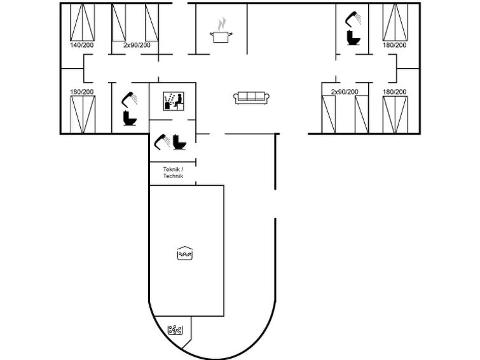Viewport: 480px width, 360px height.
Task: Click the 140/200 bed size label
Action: (x=81, y=45)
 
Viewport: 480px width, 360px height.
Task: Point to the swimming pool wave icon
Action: (x=183, y=253)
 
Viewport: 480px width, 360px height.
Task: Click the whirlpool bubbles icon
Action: (x=175, y=330)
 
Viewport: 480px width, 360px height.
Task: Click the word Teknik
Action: (x=172, y=169)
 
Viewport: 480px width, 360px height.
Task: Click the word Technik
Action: (x=173, y=176)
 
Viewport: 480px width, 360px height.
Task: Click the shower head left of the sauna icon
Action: (x=129, y=98)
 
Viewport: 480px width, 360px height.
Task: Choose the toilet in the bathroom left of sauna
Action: (x=130, y=118)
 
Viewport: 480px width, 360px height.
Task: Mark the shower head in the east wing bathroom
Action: (x=353, y=18)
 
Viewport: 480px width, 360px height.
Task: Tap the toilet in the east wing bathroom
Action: (x=353, y=38)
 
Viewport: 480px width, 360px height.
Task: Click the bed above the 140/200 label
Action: (x=81, y=22)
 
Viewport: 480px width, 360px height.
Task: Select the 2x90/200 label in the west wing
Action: (x=137, y=45)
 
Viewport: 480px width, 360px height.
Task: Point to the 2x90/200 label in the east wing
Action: (x=345, y=92)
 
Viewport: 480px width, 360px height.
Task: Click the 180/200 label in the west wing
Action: (x=81, y=92)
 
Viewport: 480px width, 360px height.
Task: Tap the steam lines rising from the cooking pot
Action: (x=221, y=25)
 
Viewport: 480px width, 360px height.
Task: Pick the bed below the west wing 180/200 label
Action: (x=81, y=114)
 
